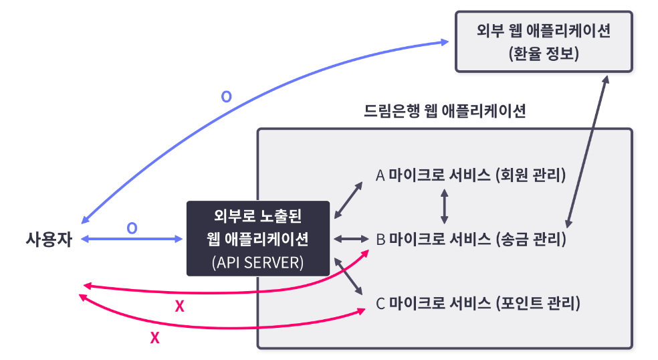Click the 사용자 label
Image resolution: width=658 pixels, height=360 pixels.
[48, 238]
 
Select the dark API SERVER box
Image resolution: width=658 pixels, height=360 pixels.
[258, 238]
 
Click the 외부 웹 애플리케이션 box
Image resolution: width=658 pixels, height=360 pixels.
[543, 41]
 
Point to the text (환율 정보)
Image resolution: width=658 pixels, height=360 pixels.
[543, 53]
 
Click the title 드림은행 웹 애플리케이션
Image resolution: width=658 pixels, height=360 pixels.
[445, 111]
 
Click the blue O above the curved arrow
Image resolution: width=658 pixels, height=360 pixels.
[227, 97]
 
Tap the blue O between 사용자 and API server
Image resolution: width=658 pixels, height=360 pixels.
[132, 228]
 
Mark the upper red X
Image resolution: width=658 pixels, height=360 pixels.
[179, 306]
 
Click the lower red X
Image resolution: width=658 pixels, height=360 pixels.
[155, 338]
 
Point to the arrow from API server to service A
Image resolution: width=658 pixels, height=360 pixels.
[348, 199]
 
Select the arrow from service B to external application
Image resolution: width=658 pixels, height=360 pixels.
[587, 151]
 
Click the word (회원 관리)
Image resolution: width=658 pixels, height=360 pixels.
[531, 175]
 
